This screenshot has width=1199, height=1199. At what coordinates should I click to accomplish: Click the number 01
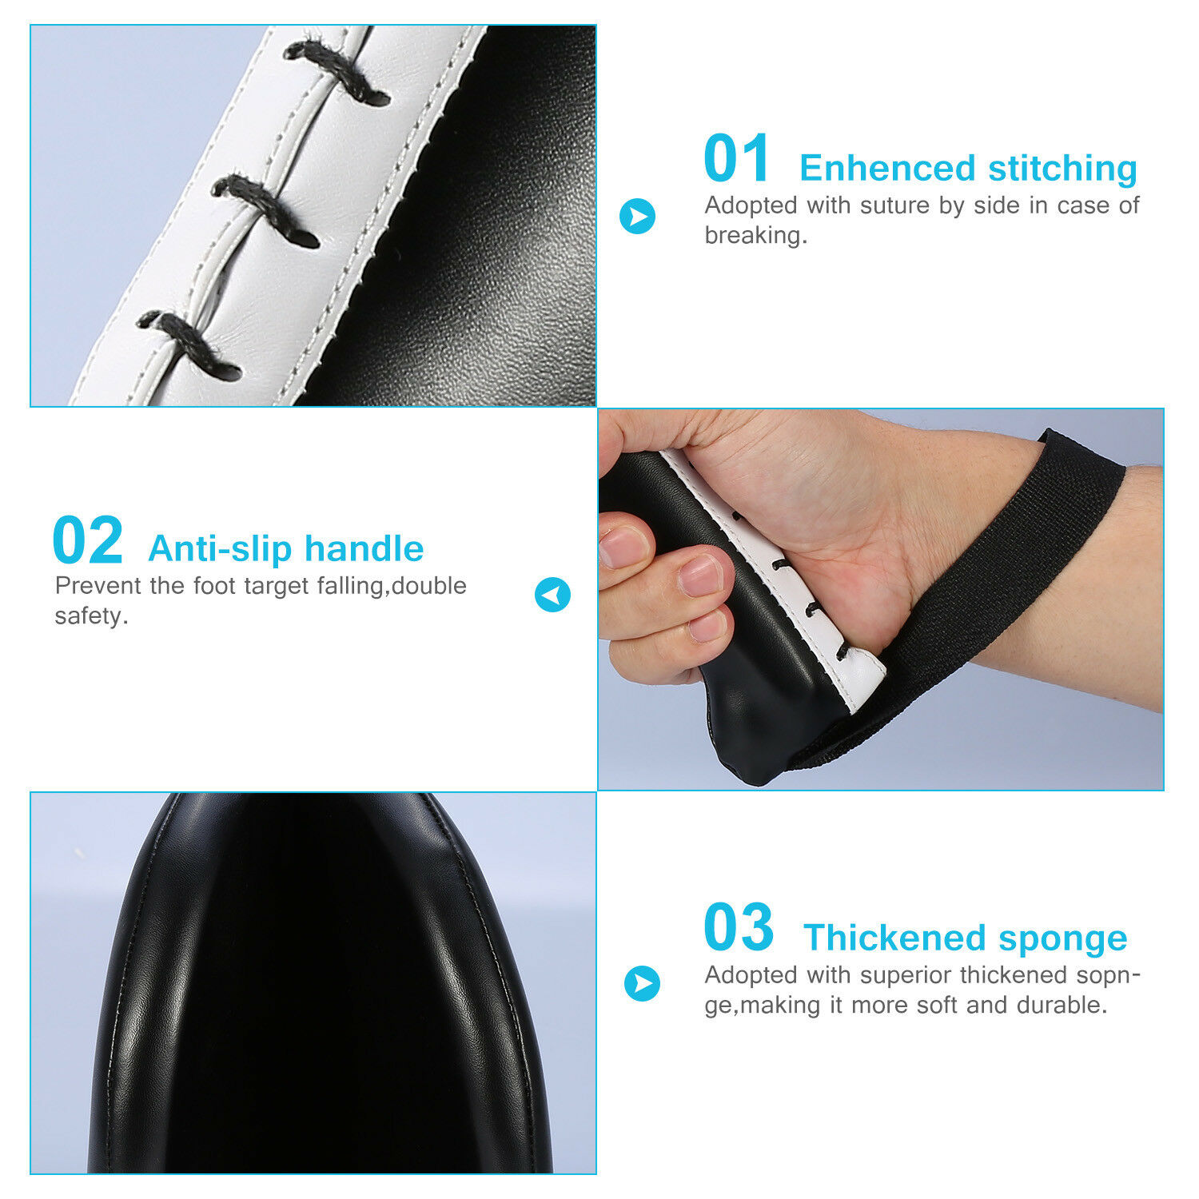tap(736, 159)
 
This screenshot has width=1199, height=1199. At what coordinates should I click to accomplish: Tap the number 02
tap(87, 541)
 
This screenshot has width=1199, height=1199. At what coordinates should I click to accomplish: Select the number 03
tap(739, 927)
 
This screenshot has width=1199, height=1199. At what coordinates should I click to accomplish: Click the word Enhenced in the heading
tap(887, 169)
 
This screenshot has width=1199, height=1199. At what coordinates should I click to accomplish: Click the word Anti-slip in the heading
tap(221, 549)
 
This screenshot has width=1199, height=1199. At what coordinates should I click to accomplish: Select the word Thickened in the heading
tap(894, 938)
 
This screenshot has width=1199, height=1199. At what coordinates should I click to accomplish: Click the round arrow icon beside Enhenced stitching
tap(637, 216)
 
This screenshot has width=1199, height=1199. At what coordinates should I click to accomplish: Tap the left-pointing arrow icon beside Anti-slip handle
tap(552, 595)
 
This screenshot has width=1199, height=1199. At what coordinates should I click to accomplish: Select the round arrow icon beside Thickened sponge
tap(642, 984)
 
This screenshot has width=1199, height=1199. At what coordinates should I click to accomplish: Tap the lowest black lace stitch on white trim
tap(189, 345)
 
